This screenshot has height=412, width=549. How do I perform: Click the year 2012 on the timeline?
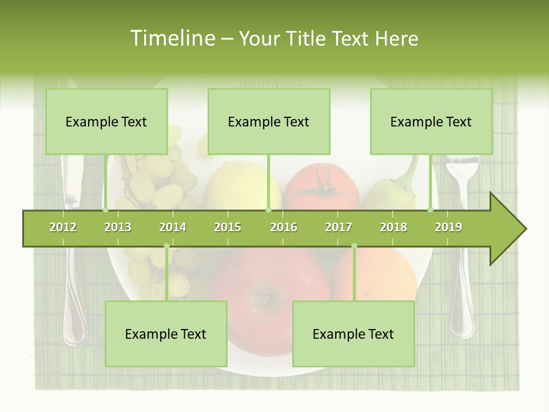click(x=63, y=228)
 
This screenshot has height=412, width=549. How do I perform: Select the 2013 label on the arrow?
click(x=118, y=228)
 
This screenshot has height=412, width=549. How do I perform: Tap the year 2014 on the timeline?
click(x=173, y=228)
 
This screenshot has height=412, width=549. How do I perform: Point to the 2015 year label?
click(x=228, y=228)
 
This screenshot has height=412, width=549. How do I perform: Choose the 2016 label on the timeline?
click(x=284, y=228)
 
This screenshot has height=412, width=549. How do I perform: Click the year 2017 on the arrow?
click(x=339, y=228)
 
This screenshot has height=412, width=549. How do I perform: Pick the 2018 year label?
click(x=393, y=228)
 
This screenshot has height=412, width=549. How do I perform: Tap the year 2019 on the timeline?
click(x=448, y=228)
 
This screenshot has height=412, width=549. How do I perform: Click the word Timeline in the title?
click(x=172, y=38)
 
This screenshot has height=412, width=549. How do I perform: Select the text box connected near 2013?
click(x=106, y=121)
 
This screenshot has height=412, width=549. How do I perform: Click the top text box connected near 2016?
click(x=269, y=121)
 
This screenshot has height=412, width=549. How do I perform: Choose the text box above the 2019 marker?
click(x=431, y=121)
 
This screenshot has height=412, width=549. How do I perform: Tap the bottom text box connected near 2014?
click(x=166, y=334)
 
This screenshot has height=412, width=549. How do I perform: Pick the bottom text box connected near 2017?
click(x=353, y=334)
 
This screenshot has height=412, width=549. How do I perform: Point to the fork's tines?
click(x=462, y=166)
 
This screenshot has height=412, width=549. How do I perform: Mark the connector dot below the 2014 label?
click(x=166, y=246)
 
